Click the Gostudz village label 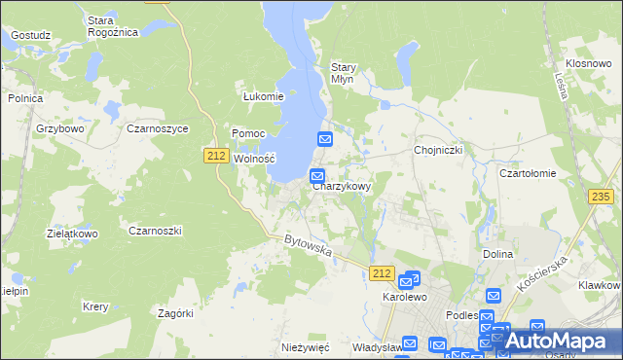pyautogui.click(x=30, y=34)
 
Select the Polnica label pyautogui.click(x=25, y=97)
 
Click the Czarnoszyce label pyautogui.click(x=157, y=127)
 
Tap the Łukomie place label pyautogui.click(x=263, y=96)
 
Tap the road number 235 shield pyautogui.click(x=601, y=197)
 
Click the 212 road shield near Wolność pyautogui.click(x=216, y=155)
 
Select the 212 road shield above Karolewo pyautogui.click(x=383, y=274)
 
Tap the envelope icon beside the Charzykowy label pyautogui.click(x=317, y=175)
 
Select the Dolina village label pyautogui.click(x=497, y=254)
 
